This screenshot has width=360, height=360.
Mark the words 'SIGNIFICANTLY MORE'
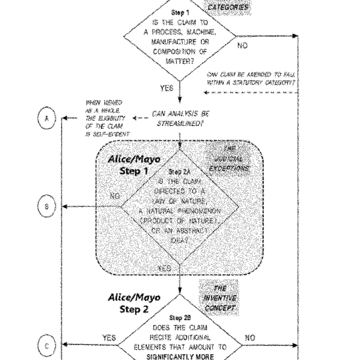point(180,353)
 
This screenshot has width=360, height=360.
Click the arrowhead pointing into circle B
point(66,207)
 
